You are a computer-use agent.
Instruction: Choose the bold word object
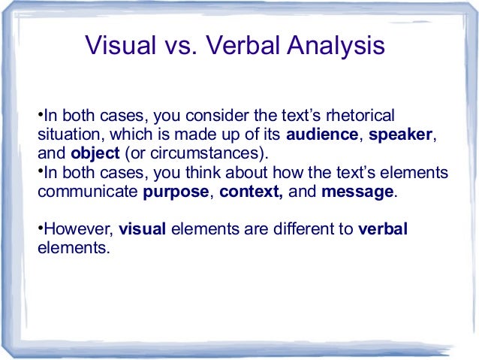pos(95,153)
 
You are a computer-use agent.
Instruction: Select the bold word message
pos(357,191)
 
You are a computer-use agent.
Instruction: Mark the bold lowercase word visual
pos(143,229)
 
